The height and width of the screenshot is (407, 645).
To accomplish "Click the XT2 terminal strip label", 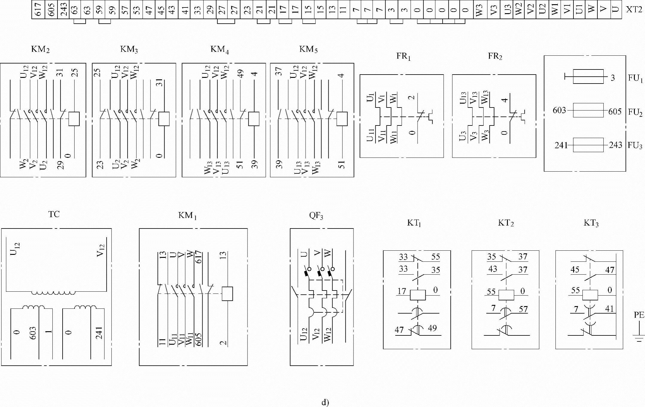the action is click(634, 10).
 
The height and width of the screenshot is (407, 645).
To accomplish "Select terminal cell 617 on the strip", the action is click(38, 10).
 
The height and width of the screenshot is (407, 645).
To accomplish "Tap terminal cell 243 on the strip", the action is click(63, 10).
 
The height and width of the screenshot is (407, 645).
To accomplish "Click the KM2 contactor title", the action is click(40, 49).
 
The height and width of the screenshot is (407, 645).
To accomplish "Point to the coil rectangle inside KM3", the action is click(164, 119).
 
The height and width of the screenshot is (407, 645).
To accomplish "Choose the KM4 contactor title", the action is click(219, 49).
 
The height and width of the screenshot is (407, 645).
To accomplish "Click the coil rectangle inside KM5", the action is click(342, 119).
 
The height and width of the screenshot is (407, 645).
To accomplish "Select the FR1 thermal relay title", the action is click(403, 57).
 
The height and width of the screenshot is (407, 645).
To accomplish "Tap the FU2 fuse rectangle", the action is click(588, 110).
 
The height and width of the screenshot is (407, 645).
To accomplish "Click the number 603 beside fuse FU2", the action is click(559, 111).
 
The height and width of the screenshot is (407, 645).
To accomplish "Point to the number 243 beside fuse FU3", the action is click(615, 145).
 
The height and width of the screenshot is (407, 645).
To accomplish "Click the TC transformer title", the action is click(54, 214).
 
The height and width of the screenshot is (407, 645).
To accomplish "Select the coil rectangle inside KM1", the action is click(227, 294).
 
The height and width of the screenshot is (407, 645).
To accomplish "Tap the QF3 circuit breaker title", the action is click(316, 216).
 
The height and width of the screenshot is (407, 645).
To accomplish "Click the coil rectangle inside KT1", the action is click(418, 295).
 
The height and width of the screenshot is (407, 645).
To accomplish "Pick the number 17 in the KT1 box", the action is click(402, 291).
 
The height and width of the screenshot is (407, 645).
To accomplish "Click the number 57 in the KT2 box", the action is click(523, 309).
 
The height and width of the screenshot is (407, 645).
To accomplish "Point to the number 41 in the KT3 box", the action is click(609, 309).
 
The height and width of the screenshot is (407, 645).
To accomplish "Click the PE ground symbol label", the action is click(639, 315).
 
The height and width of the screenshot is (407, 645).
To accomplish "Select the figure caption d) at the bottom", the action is click(325, 403).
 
